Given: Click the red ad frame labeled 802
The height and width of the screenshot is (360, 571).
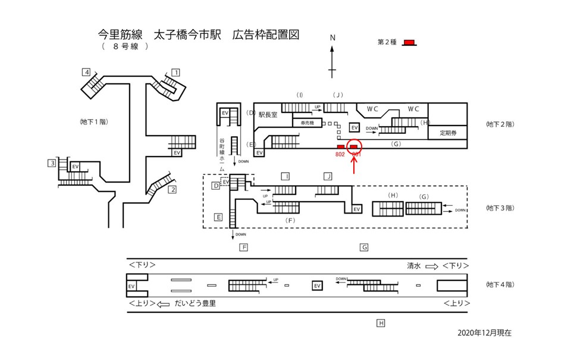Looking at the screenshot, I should tap(341, 146).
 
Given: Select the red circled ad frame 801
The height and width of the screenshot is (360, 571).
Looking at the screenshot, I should tap(354, 146).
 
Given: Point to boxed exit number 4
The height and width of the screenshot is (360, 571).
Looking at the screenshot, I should tap(86, 73).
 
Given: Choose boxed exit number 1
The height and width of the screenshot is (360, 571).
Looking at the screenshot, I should tap(175, 73).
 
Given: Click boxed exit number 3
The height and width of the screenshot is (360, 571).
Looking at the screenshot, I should tap(53, 164).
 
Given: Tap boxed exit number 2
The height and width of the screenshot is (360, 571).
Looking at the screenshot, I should tap(172, 190).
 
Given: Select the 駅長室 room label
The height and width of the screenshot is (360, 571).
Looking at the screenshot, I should tap(268, 115).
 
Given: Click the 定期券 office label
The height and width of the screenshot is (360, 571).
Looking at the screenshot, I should tap(447, 133).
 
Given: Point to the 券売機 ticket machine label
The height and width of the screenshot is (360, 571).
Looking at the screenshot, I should tap(307, 123).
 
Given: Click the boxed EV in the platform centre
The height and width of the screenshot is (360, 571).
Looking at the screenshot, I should tap(317, 286).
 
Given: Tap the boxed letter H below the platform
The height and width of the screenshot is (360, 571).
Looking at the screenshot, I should tap(381, 323).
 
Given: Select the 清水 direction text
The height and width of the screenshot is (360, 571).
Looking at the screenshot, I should tap(414, 267).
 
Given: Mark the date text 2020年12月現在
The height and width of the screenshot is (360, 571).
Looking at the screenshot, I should tap(485, 333).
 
